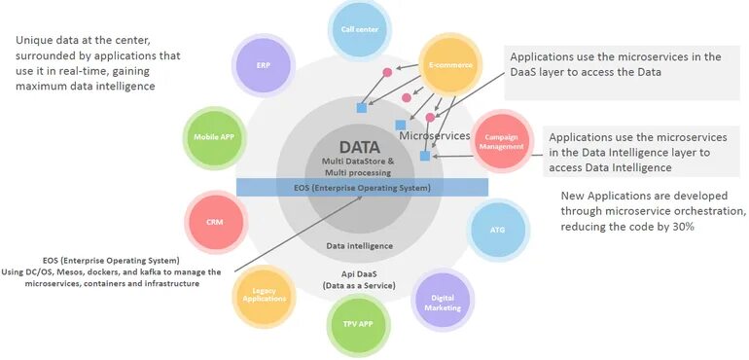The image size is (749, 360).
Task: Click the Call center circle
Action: [x=360, y=29]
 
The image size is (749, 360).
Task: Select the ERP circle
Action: [x=264, y=65]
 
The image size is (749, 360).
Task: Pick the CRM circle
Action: [x=215, y=222]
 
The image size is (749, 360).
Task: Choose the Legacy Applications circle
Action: [x=263, y=293]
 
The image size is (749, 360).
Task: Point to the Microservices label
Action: [x=436, y=136]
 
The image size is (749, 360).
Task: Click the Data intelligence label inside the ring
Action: [x=359, y=246]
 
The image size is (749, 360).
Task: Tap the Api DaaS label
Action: [x=359, y=275]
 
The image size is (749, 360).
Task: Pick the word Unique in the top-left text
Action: [x=35, y=40]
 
